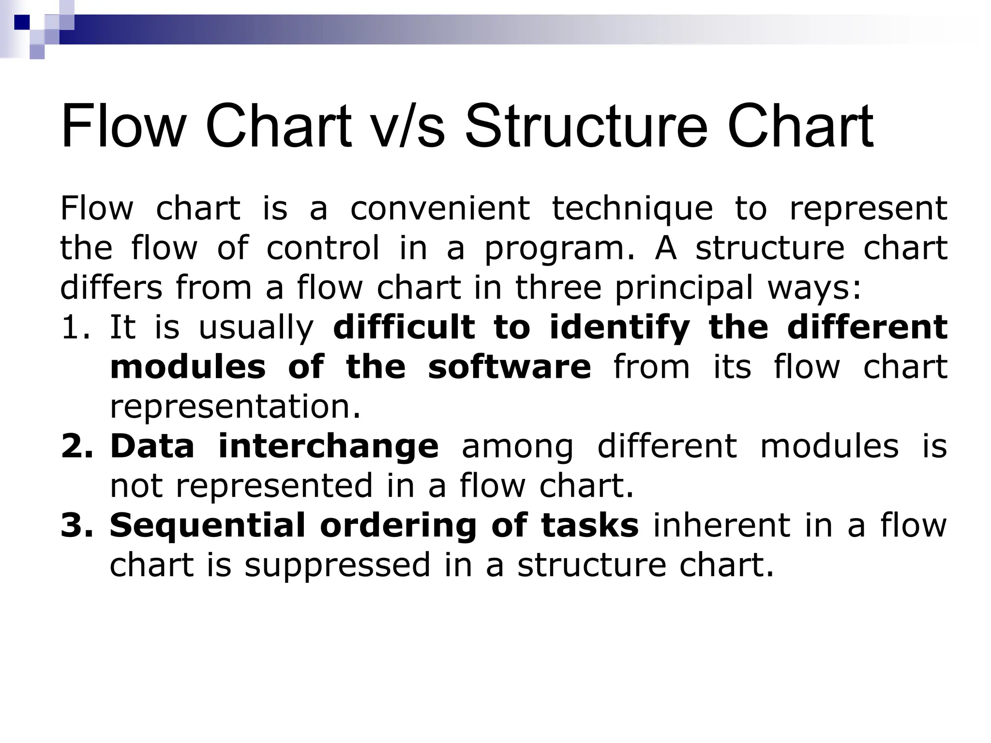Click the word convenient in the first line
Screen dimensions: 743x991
click(x=440, y=208)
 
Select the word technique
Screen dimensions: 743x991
click(x=632, y=208)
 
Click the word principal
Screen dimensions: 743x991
click(x=684, y=288)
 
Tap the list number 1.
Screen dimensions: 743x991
click(x=75, y=327)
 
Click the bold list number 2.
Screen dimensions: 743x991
click(x=76, y=446)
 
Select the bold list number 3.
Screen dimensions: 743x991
click(x=76, y=525)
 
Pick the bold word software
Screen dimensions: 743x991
click(x=509, y=367)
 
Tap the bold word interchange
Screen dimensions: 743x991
click(x=328, y=446)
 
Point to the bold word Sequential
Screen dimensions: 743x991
click(x=208, y=525)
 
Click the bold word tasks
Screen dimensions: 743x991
click(x=590, y=525)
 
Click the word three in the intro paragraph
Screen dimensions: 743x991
click(x=558, y=288)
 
